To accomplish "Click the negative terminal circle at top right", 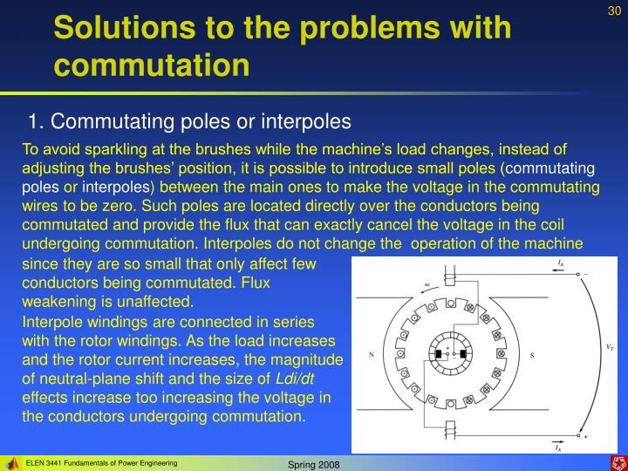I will pyautogui.click(x=579, y=273).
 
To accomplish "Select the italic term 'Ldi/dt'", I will pyautogui.click(x=296, y=378).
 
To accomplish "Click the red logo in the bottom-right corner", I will pyautogui.click(x=616, y=461).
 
